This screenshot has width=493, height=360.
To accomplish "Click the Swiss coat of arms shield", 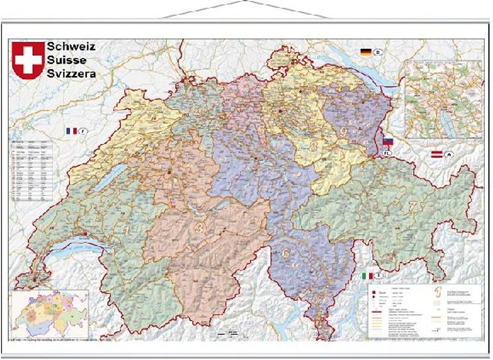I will point(28,60).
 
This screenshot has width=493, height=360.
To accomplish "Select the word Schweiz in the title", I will point(71,46).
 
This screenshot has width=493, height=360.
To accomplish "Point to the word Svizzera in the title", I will point(71,74).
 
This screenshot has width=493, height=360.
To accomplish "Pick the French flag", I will point(72,131).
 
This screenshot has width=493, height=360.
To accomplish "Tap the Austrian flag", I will point(437,154).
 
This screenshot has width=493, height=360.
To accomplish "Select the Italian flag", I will point(368,275).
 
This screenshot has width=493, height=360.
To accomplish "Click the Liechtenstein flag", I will point(387,142).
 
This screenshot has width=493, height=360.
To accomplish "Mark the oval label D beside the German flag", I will point(378,53).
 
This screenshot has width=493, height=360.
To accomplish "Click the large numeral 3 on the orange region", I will point(198,228).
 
